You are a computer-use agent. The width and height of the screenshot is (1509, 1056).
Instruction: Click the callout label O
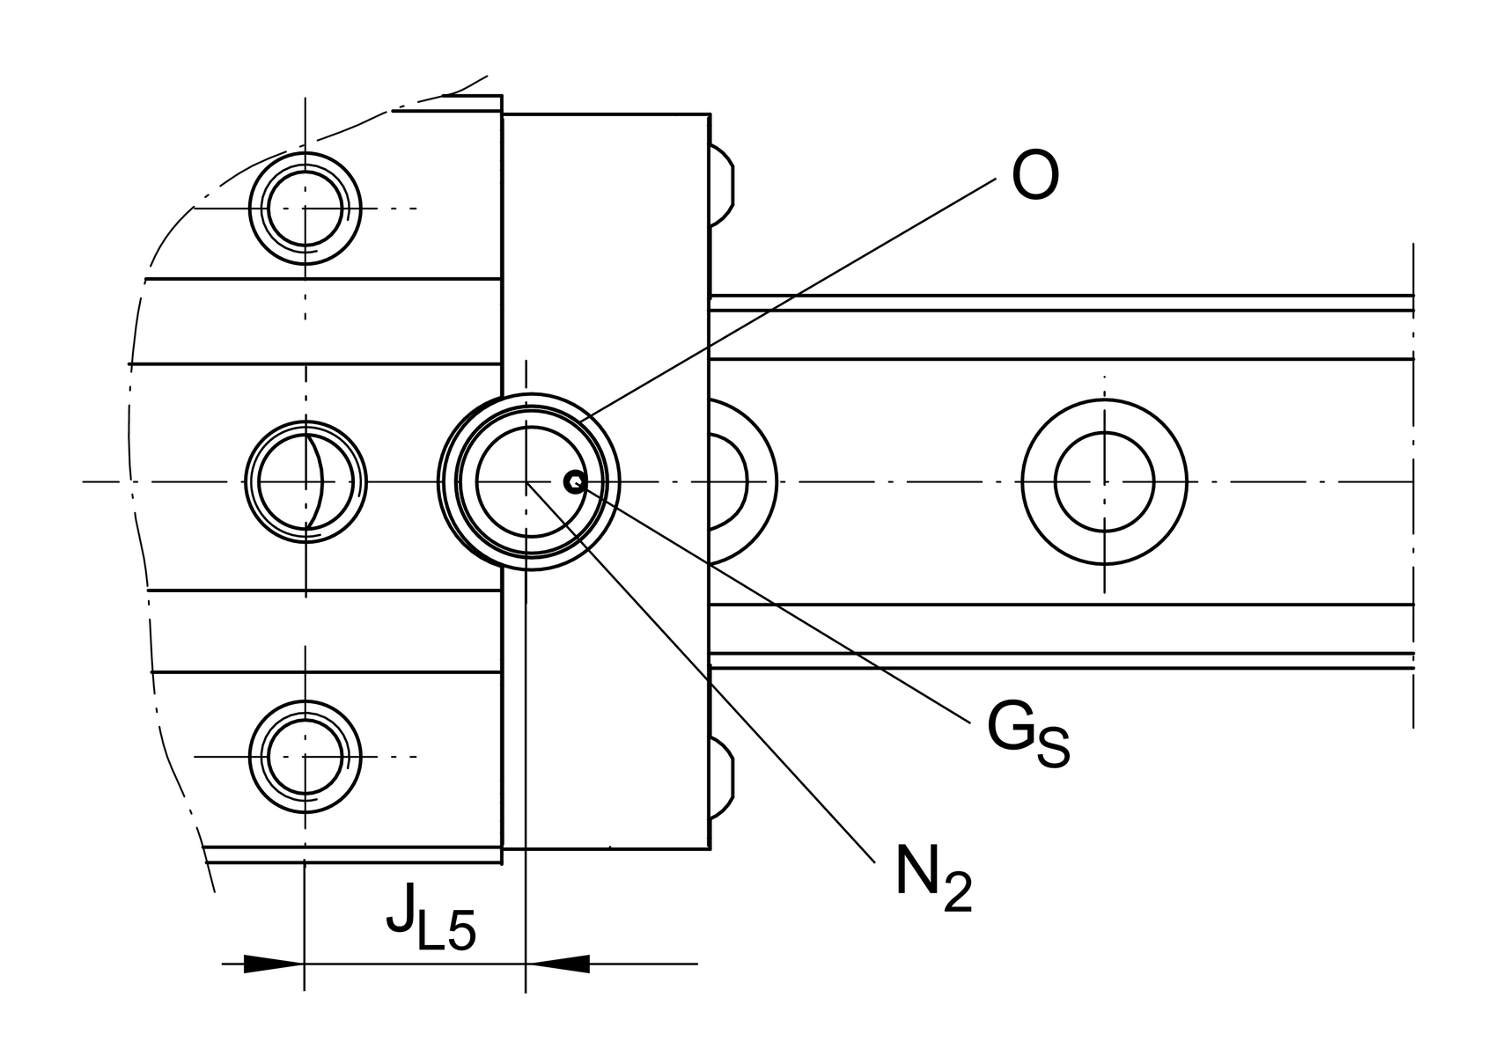1034,177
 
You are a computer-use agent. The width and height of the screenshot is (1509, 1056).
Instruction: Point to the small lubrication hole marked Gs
574,481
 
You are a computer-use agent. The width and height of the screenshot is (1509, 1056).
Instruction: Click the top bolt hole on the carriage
305,209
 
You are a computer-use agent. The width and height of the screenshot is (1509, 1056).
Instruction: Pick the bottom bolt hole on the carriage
305,756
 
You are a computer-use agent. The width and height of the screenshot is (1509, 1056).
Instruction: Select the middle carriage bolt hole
305,481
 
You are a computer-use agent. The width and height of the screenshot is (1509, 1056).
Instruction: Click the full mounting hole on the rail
1104,481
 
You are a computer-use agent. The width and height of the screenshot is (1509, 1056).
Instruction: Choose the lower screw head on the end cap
721,778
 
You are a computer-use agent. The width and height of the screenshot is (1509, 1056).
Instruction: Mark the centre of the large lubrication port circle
526,481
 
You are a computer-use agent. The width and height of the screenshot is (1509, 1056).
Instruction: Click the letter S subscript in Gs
1053,749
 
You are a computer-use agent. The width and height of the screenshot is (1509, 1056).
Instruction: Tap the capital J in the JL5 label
401,909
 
